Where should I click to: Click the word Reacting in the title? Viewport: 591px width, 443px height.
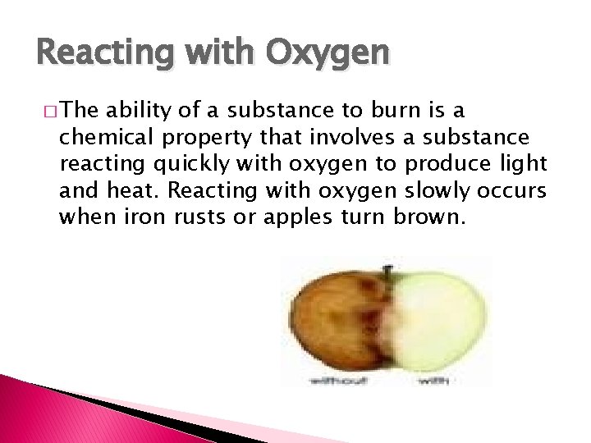(x=82, y=53)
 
